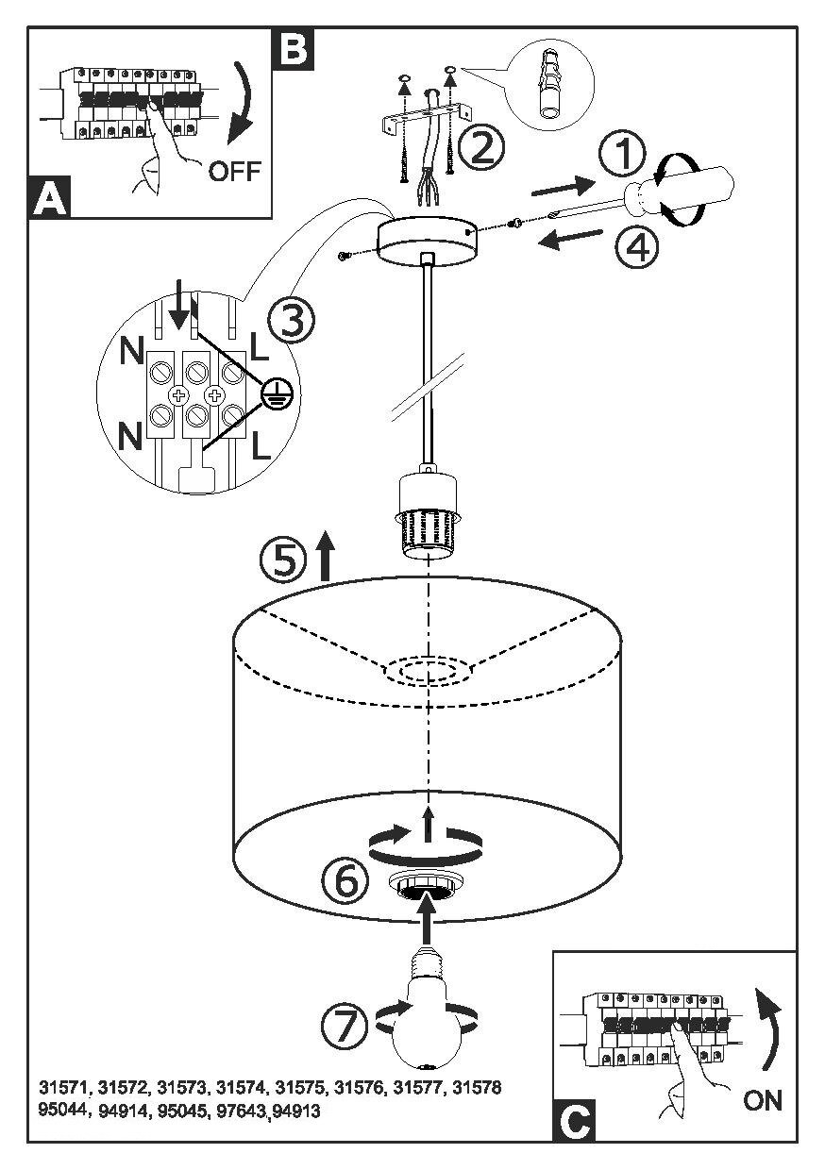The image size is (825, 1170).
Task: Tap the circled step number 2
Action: coord(481,147)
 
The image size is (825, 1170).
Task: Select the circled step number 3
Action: coord(291,322)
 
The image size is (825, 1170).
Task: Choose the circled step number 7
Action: coord(344,1026)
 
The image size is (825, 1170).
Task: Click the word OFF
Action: coord(233,173)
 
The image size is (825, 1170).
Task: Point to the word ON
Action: coord(763,1100)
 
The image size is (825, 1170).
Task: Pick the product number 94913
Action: coord(296,1111)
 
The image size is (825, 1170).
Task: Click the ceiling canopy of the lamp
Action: coord(427,240)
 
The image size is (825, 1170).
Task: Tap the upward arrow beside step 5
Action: coord(325,556)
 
